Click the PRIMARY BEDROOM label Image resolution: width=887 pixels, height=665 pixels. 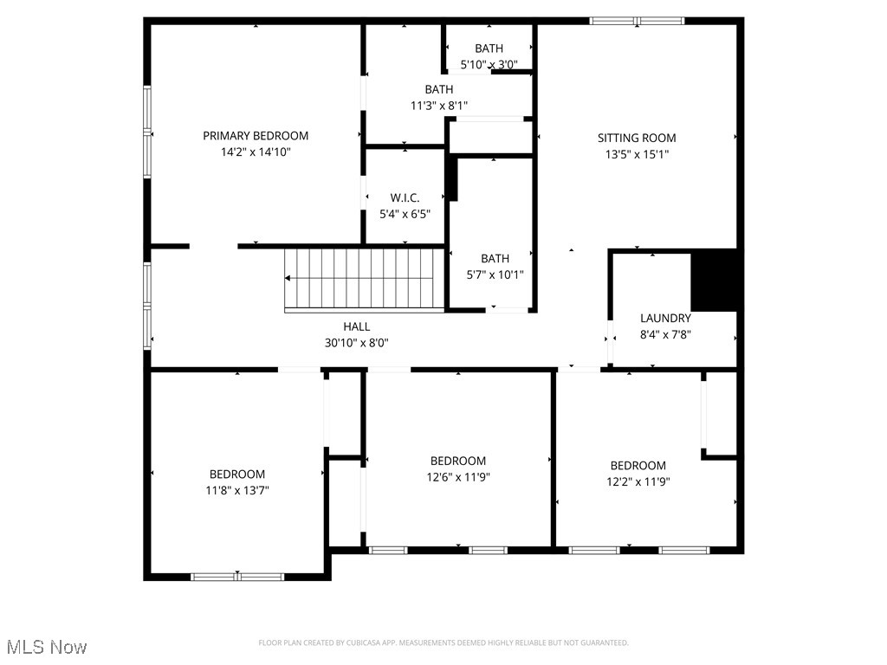[256, 136]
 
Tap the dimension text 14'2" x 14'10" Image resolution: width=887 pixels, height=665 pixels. [256, 152]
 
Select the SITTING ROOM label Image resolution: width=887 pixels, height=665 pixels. [637, 139]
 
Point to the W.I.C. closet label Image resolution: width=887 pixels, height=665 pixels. [405, 198]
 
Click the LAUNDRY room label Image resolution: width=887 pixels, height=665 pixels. [665, 319]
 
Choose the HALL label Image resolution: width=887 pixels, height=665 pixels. [356, 326]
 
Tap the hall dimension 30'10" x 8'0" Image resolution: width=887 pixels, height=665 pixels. [356, 342]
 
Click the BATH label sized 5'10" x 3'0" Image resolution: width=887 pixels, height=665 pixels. [489, 48]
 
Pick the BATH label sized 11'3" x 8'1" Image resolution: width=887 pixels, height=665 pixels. [438, 90]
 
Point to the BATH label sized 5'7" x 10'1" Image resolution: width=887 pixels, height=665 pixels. [495, 259]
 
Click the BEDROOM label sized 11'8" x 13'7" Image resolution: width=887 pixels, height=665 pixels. [237, 475]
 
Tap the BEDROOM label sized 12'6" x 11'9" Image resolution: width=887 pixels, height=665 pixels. [458, 462]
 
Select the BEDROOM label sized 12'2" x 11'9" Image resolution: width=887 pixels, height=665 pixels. [638, 466]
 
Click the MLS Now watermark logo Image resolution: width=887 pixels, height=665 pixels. [46, 647]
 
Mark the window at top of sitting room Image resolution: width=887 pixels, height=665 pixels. [637, 21]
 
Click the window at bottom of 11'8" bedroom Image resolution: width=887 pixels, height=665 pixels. [237, 576]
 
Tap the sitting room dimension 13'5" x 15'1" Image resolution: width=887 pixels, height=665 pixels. [637, 155]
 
